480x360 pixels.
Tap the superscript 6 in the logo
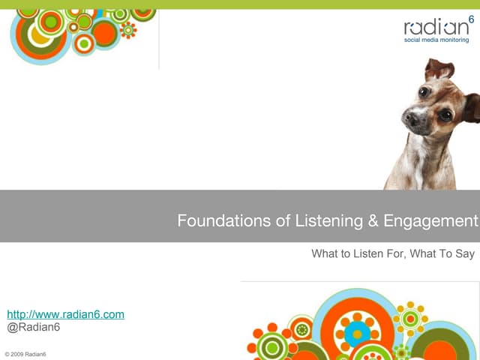coord(471,19)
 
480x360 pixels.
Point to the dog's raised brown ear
coord(439,70)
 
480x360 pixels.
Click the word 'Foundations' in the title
coord(214,221)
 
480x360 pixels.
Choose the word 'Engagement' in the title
coord(430,221)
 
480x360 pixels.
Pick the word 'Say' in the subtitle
coord(465,254)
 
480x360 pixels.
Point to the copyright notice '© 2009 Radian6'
coord(25,353)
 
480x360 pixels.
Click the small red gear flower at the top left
coord(128,30)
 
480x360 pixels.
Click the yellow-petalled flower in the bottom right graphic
coord(410,318)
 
